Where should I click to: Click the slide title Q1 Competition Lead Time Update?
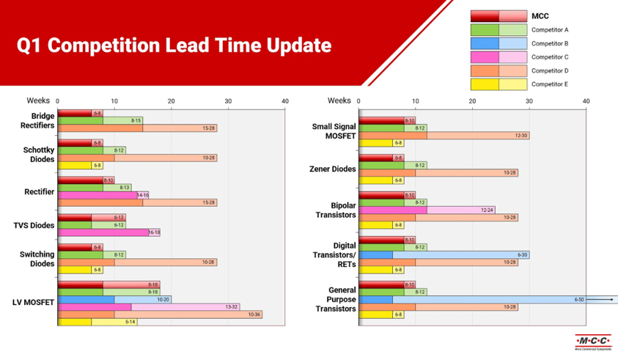174,46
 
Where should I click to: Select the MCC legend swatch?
499,15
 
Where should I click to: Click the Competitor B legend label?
550,43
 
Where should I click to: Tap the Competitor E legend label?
550,84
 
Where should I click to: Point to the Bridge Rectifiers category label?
43,120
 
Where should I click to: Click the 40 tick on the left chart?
285,101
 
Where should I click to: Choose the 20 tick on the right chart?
472,101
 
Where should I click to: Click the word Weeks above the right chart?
339,100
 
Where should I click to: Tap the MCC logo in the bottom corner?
594,342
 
